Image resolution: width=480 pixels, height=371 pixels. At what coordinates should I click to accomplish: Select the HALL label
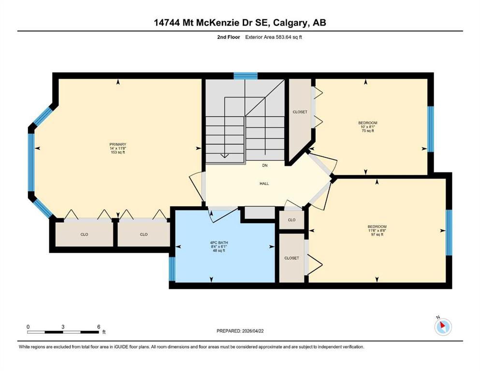tap(264, 184)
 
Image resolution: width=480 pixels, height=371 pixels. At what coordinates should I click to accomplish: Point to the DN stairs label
tap(265, 166)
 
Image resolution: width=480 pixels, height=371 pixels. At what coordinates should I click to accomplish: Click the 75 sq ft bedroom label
tap(368, 127)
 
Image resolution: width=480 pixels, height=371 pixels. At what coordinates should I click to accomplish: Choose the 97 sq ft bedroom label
tap(377, 230)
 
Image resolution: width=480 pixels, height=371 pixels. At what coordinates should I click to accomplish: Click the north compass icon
tap(443, 327)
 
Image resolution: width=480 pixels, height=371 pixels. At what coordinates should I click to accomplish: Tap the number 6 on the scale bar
tap(99, 327)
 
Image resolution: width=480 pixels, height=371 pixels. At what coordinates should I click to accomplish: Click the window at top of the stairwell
tap(246, 75)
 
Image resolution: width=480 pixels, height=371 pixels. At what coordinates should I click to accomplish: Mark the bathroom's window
tap(172, 269)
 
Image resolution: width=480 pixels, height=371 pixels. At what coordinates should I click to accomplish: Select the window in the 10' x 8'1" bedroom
tap(430, 129)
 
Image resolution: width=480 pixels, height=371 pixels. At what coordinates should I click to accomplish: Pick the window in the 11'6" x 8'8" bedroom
tap(449, 232)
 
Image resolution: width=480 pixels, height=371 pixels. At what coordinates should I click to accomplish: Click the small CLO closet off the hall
tap(292, 220)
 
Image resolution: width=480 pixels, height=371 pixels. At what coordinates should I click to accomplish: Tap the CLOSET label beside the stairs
tap(300, 112)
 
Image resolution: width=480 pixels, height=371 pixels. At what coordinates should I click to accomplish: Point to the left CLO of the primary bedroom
tap(84, 234)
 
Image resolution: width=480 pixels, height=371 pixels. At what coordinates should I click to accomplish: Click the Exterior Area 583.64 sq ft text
tap(274, 37)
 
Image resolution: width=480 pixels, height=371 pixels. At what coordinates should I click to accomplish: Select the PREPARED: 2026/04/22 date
tap(240, 331)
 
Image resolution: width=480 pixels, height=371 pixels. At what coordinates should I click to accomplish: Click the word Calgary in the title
tap(290, 23)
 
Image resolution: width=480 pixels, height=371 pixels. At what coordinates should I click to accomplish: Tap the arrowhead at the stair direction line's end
tap(225, 156)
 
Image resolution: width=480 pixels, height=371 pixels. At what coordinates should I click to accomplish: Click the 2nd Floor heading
tap(228, 37)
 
